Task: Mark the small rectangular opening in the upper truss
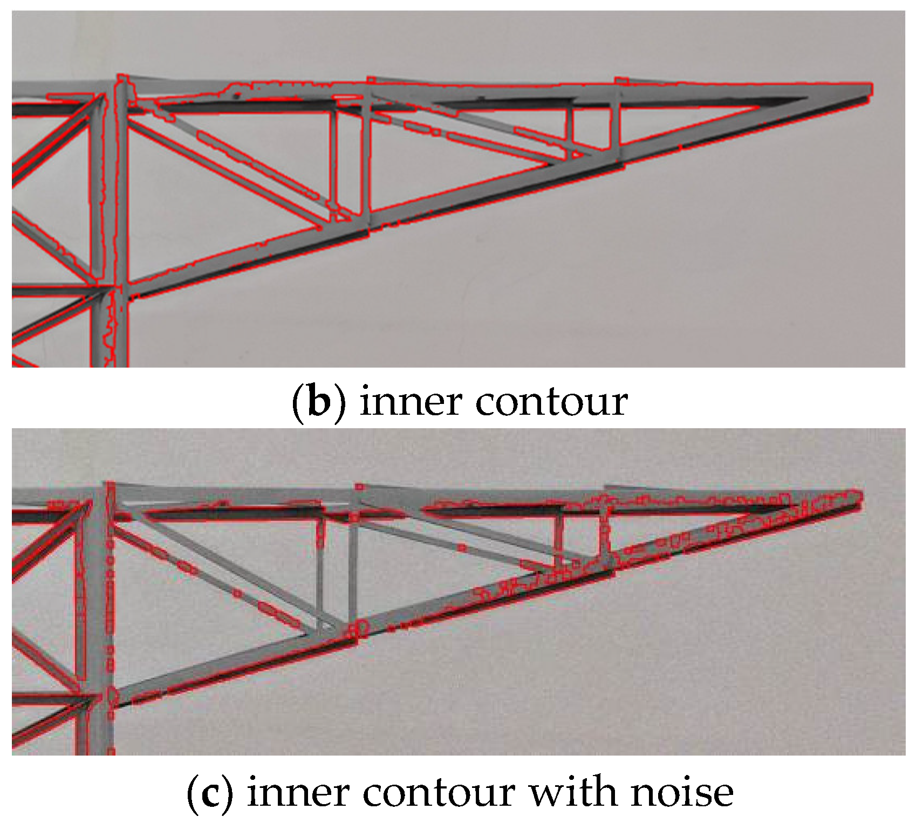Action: tap(593, 127)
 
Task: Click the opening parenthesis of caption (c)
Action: tap(192, 792)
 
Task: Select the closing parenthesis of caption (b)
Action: tap(340, 401)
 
